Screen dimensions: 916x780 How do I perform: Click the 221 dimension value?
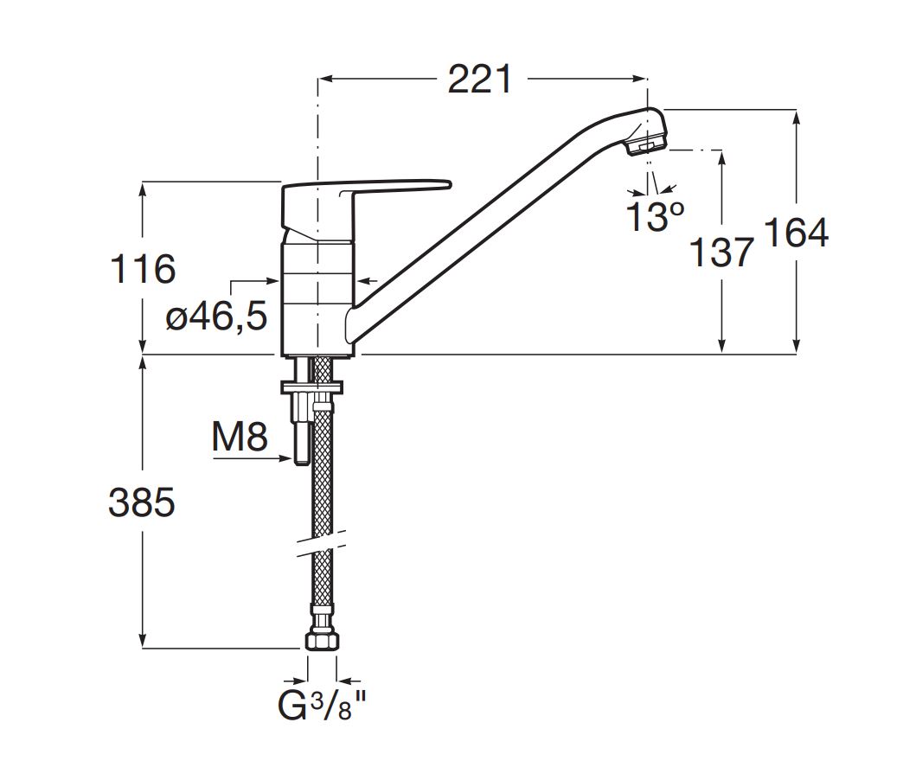479,79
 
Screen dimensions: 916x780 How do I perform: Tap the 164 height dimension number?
797,233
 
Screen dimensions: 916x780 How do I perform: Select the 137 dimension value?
721,253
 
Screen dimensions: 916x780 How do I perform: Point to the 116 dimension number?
143,269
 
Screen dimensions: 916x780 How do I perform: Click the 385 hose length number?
142,502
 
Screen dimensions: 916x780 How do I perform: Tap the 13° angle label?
654,215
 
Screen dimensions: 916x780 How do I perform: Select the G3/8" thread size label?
322,706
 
